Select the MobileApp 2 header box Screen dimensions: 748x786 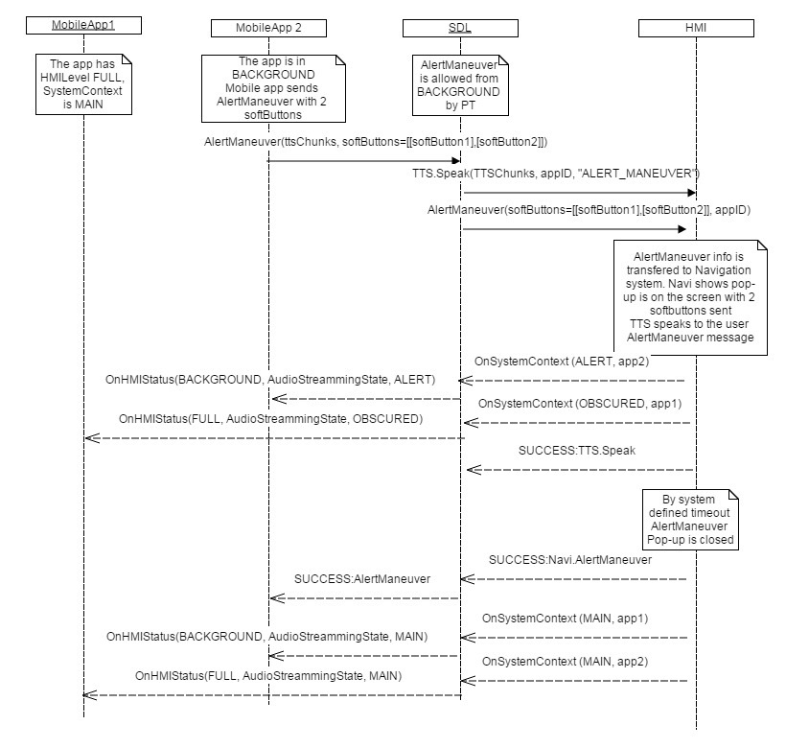[x=268, y=28]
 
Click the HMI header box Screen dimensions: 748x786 [x=697, y=28]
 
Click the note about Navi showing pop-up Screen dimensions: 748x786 [x=691, y=298]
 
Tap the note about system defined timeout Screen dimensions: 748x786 [x=690, y=519]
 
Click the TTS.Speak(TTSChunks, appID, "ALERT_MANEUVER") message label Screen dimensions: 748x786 [x=550, y=174]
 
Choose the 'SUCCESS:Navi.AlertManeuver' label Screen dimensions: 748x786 [x=570, y=559]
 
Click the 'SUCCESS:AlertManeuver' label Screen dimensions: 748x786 [x=362, y=578]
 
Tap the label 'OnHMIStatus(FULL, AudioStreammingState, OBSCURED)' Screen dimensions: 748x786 [x=271, y=419]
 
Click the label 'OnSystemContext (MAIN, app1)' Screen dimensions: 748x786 [x=566, y=619]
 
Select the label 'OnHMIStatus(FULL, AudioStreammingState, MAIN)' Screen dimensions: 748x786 [x=268, y=676]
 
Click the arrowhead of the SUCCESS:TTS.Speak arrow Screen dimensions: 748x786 [x=469, y=470]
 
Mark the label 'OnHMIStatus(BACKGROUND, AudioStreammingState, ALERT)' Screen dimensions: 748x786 [x=270, y=379]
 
